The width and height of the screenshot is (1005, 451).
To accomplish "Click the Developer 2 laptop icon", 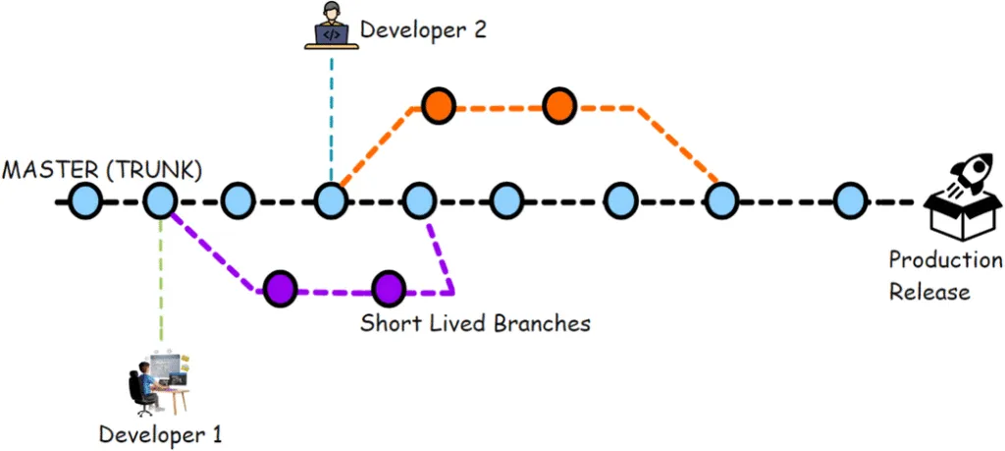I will [x=332, y=27].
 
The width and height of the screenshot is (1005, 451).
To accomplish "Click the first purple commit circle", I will [x=281, y=288].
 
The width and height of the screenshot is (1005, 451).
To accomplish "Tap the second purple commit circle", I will [x=389, y=288].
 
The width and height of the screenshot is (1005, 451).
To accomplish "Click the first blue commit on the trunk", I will [x=86, y=201].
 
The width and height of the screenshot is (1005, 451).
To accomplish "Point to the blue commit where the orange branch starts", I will [x=332, y=201].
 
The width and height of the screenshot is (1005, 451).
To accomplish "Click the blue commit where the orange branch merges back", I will [x=721, y=201].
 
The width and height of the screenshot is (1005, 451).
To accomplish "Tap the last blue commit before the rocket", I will [x=851, y=201].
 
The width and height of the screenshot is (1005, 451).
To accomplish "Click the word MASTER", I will [x=49, y=169].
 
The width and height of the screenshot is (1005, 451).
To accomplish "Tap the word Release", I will [x=930, y=291].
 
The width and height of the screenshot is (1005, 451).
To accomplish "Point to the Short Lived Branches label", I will [x=475, y=322].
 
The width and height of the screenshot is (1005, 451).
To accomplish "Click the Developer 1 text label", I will [x=161, y=432].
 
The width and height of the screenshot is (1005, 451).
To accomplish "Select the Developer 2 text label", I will [x=423, y=29].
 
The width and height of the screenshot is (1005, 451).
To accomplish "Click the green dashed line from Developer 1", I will [x=161, y=285].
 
